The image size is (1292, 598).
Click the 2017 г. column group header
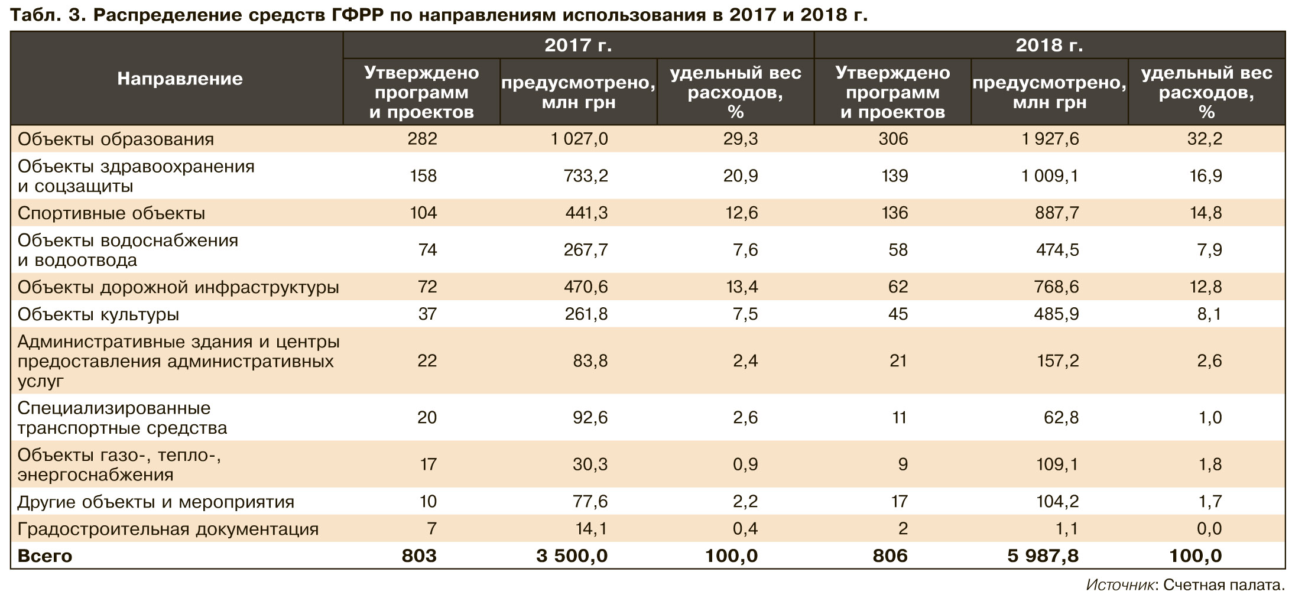tap(578, 45)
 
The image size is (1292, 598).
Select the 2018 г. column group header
tap(1049, 45)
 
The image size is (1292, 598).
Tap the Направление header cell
tap(180, 79)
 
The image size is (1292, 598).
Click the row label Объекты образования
tap(116, 139)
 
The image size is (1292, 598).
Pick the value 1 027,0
tap(579, 139)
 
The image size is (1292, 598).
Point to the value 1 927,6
tap(1050, 139)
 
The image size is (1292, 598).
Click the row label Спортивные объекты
tap(112, 213)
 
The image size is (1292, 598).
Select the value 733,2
tap(585, 176)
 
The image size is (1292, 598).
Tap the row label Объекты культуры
tap(99, 314)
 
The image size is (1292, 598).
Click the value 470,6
tap(585, 287)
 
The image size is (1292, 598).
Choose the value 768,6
tap(1057, 287)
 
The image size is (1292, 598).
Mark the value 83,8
tap(590, 361)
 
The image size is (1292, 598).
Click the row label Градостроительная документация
tap(168, 529)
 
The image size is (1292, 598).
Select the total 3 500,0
tap(572, 556)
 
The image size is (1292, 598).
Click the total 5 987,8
tap(1043, 556)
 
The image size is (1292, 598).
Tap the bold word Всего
tap(45, 557)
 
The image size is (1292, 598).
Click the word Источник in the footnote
tap(1121, 586)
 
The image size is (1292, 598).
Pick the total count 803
tap(419, 556)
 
